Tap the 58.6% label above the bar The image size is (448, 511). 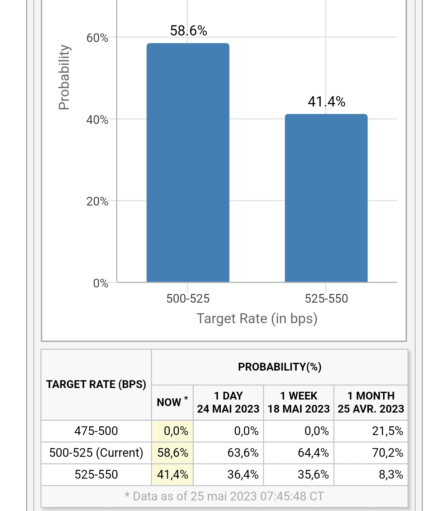coord(188,31)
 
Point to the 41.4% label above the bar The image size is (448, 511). coord(327,102)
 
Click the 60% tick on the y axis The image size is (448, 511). coord(97,38)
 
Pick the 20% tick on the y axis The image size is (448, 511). coord(97,202)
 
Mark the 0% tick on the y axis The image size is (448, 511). coord(100,283)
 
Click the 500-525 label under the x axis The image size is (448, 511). coord(188,299)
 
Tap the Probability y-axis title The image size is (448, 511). coord(64,77)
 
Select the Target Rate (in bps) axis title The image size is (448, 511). coord(257,319)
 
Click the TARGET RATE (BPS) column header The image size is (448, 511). coord(96,384)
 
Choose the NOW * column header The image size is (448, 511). coord(172,402)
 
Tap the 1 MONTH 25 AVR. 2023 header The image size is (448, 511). coord(370,402)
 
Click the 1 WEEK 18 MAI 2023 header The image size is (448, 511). coord(299,402)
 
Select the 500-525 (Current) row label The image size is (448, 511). coord(96,453)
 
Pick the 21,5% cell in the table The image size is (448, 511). coord(387,431)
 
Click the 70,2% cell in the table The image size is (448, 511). coord(387,453)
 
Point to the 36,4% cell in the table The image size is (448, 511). coord(243,475)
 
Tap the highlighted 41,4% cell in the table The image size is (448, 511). coord(172,475)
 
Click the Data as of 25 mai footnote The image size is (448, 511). coord(224,496)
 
